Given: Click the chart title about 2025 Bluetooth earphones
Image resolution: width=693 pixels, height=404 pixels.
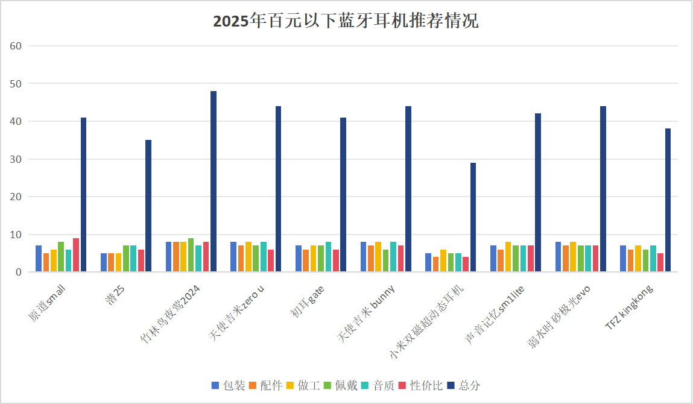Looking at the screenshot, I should [x=346, y=22].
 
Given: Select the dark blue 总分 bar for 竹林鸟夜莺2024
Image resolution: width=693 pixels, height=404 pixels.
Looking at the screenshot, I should [x=214, y=181].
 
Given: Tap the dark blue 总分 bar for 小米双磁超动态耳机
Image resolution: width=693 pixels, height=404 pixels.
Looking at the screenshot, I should [x=473, y=217].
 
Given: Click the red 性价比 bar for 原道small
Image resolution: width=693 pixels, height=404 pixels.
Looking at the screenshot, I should [x=76, y=255].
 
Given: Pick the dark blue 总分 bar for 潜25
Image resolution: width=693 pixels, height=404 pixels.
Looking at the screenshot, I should [x=148, y=206].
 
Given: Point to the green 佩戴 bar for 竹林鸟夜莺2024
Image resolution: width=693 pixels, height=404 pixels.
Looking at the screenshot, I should [x=191, y=255].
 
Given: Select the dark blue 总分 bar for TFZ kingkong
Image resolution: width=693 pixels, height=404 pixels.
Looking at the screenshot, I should [x=668, y=200].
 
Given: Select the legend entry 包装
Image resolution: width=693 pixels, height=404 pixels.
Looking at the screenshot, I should [x=229, y=385].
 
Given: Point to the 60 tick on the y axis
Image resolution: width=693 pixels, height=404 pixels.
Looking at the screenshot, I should [x=16, y=46].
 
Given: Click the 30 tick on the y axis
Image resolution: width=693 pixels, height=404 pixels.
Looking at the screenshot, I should [x=16, y=159].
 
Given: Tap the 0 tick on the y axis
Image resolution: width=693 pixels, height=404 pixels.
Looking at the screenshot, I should [x=19, y=272].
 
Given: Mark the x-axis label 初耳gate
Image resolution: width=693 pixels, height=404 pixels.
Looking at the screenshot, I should [x=308, y=301].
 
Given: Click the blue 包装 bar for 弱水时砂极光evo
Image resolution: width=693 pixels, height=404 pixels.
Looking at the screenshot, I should [x=559, y=257].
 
